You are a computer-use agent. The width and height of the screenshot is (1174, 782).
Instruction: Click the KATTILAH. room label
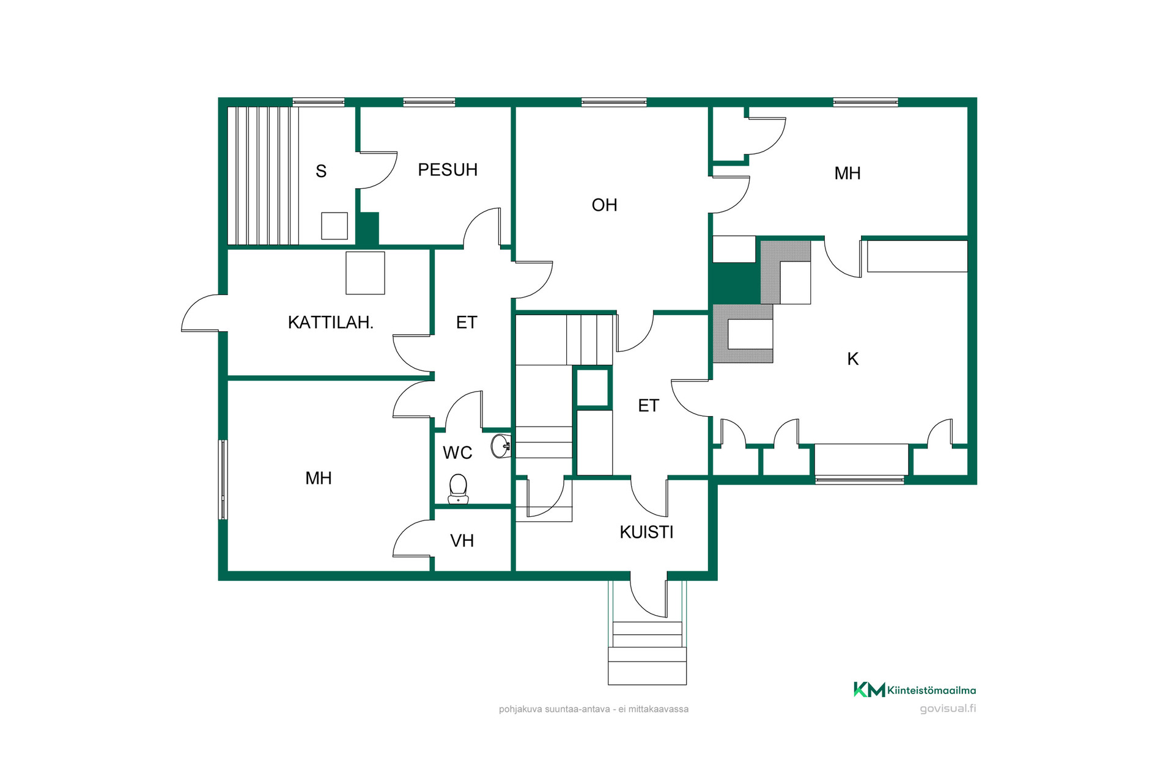click(x=330, y=323)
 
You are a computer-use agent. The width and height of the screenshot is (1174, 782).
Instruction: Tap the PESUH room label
click(x=448, y=170)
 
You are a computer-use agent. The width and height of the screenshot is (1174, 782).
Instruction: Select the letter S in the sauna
click(x=321, y=171)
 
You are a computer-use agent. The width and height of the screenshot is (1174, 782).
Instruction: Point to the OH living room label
click(x=604, y=205)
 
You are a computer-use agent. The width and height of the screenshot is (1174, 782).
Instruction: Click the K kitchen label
click(x=853, y=359)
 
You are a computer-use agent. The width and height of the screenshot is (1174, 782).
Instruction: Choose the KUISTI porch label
click(x=646, y=533)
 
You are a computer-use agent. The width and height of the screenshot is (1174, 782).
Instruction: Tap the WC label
click(x=457, y=453)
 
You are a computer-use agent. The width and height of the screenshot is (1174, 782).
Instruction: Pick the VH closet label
click(x=462, y=541)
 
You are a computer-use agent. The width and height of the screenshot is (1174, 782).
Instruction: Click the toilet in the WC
click(x=459, y=489)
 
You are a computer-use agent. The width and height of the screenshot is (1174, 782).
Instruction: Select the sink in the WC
click(x=501, y=446)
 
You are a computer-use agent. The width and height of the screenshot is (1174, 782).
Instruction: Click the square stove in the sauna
click(x=334, y=226)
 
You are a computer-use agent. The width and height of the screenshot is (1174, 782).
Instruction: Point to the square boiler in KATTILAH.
click(x=366, y=273)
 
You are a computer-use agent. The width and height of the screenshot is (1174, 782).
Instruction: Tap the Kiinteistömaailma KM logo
click(x=915, y=690)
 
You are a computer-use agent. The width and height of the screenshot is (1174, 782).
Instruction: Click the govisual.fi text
click(x=948, y=709)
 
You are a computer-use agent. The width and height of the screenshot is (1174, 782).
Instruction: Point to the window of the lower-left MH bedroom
click(x=223, y=480)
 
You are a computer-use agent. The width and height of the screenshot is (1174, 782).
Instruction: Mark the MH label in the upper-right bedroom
click(x=847, y=174)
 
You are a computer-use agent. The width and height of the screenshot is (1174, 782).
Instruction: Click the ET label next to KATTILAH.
click(x=467, y=323)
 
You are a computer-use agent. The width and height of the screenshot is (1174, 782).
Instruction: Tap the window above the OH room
click(x=614, y=102)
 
